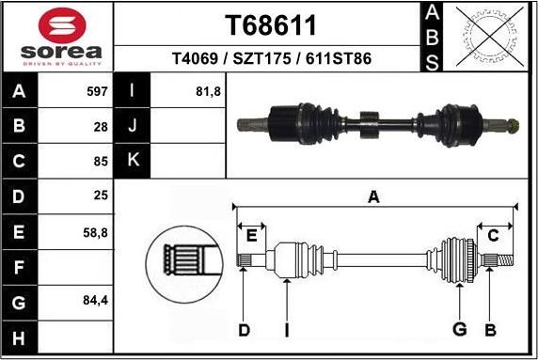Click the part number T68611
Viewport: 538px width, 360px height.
pos(271,24)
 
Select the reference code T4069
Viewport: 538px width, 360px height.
pos(198,58)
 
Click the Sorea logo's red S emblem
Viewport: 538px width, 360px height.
pos(58,24)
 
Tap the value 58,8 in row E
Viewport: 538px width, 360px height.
pos(95,231)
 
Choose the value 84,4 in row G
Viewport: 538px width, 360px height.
pos(95,302)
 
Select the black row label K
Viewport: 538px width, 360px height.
pos(133,160)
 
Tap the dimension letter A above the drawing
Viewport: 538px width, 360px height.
pos(373,197)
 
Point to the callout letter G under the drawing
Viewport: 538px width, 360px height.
pos(459,329)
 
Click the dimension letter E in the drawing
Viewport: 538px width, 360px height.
pos(251,235)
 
